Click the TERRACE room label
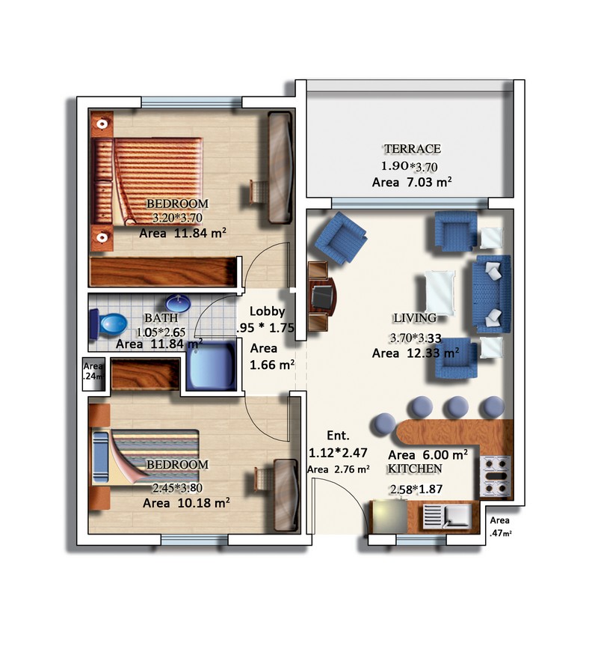tap(413, 148)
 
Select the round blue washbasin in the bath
tap(178, 303)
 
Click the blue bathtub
tap(212, 366)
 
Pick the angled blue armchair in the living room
tap(341, 237)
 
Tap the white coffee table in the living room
tap(440, 293)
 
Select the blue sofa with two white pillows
tap(492, 293)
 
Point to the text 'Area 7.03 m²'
tap(412, 182)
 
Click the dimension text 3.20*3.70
tap(177, 219)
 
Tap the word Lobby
tap(267, 311)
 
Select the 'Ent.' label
tap(338, 436)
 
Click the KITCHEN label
tap(414, 469)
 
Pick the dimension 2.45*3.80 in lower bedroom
tap(177, 488)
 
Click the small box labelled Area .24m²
tap(93, 374)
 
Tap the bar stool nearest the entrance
tap(383, 424)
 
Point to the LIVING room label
tap(414, 318)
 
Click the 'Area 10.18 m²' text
tap(186, 502)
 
